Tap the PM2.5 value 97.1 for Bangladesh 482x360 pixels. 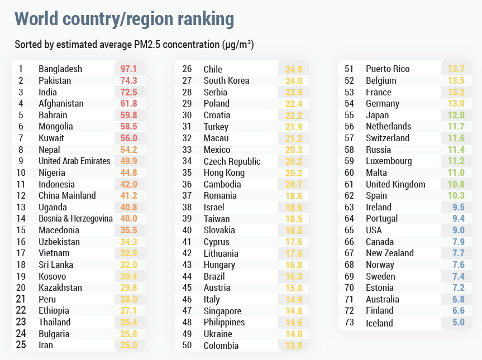129,69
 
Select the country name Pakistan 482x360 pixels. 55,80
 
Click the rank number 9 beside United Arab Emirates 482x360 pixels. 21,161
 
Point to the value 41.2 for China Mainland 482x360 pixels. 129,195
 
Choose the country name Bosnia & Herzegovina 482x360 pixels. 75,218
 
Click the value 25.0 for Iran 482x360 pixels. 129,345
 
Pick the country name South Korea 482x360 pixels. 226,80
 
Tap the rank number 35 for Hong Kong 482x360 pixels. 187,172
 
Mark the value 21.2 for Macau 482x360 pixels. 294,138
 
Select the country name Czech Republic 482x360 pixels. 232,161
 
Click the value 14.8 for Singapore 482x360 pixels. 294,311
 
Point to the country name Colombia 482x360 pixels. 221,345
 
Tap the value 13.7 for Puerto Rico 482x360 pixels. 456,69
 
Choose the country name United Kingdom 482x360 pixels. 395,184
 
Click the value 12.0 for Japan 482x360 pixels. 456,115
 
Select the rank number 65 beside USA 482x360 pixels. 350,230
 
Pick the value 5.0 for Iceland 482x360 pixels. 458,323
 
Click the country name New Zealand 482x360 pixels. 390,253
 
